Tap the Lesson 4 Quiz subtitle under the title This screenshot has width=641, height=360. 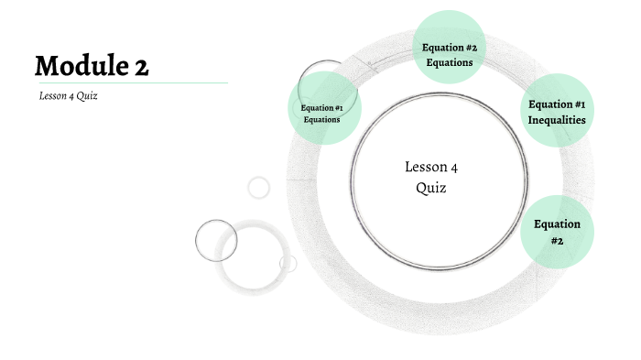[x=68, y=96]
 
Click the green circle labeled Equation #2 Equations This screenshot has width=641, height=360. [x=448, y=47]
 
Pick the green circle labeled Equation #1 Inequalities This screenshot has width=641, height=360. [x=557, y=111]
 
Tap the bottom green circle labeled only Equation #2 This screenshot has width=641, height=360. [x=557, y=232]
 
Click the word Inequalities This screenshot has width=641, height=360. [x=557, y=120]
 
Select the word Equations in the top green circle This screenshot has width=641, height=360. [x=449, y=63]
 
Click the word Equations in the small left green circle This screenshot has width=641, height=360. [x=322, y=119]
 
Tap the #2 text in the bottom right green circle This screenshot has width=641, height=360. [x=557, y=241]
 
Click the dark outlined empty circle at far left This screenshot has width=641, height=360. [x=216, y=241]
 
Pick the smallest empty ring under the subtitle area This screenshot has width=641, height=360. [x=259, y=187]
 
